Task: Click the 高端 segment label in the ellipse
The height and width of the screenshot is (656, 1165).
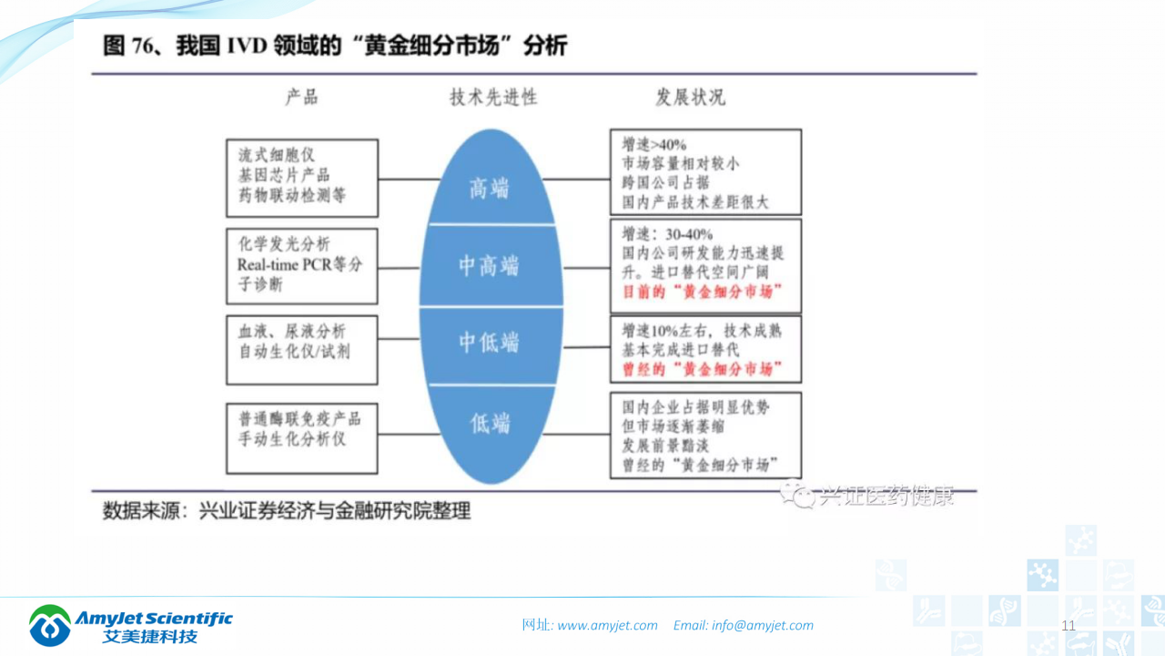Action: click(489, 189)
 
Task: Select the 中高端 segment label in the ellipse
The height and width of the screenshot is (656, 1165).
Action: click(489, 266)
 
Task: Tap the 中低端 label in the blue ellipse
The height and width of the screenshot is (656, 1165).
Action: click(489, 343)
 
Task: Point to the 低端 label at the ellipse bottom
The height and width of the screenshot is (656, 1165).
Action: click(490, 423)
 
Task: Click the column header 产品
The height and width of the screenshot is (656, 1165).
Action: click(301, 97)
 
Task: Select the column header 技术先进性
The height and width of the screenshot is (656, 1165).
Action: click(493, 97)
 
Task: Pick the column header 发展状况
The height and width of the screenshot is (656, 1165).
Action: click(691, 97)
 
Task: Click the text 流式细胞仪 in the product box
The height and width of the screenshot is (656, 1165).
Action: click(277, 155)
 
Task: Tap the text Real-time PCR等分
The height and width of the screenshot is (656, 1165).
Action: click(299, 265)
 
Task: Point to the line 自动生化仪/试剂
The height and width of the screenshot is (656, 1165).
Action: click(293, 352)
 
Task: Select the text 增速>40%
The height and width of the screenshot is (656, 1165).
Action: click(654, 145)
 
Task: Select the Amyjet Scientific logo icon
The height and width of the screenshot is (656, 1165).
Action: click(50, 625)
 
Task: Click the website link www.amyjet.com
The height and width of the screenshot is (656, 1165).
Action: click(607, 625)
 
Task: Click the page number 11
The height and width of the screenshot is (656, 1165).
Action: click(1069, 625)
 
